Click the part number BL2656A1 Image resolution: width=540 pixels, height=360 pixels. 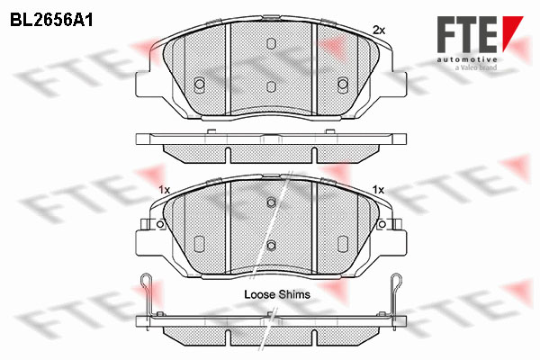click(x=51, y=21)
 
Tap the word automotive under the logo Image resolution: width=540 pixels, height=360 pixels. click(x=467, y=59)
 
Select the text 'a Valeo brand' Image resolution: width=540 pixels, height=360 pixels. click(x=476, y=67)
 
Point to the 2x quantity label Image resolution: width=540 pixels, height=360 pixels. click(x=379, y=31)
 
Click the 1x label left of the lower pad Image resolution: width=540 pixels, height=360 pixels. click(x=165, y=190)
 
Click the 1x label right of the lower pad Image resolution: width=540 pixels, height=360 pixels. click(x=378, y=190)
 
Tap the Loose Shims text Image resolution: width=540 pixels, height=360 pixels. click(x=277, y=294)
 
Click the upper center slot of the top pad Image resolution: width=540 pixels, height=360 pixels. click(x=272, y=43)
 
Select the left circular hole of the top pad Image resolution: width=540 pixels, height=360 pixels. click(x=200, y=84)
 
